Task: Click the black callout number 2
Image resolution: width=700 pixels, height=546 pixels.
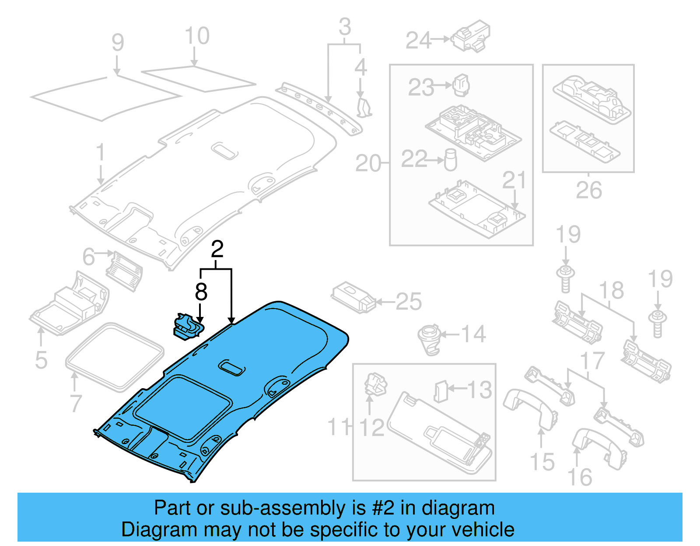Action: coord(217,250)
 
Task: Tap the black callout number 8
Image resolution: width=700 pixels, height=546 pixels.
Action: coord(201,292)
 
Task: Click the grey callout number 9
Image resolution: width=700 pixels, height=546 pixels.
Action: coord(118,43)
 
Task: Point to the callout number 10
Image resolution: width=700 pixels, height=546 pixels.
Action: coord(197,36)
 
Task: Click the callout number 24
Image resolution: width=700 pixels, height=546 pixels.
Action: coord(418,41)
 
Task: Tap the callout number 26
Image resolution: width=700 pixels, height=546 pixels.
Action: coord(588,190)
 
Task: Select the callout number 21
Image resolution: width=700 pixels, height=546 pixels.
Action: coord(514,180)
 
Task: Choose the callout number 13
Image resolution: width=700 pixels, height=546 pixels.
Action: coord(479,390)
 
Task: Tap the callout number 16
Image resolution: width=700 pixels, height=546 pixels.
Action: coord(580,477)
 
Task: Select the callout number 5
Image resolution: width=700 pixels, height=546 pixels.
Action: coord(41,360)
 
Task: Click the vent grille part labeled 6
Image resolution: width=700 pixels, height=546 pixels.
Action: coord(124,270)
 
